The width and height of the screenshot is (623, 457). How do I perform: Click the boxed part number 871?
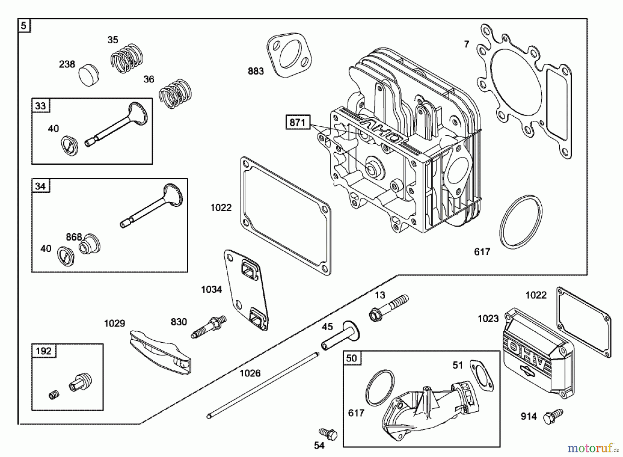click(x=298, y=123)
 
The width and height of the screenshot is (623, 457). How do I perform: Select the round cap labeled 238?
click(x=89, y=74)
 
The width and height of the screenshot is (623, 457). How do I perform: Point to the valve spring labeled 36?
click(x=175, y=94)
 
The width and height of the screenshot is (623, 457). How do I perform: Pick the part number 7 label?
click(x=467, y=44)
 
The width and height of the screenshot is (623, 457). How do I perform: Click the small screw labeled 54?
click(x=328, y=433)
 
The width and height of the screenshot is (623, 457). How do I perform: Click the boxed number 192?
click(x=44, y=351)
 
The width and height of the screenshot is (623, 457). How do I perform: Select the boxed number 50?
click(x=351, y=358)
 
